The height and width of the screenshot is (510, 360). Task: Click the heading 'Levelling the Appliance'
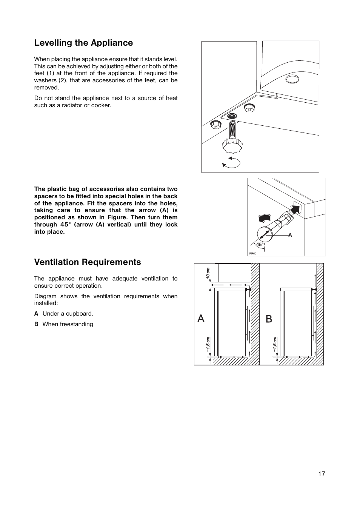83,43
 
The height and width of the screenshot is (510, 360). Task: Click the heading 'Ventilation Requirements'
88,262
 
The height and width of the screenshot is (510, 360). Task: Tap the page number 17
321,474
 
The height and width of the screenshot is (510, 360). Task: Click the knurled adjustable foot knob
232,144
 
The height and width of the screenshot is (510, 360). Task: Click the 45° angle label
259,245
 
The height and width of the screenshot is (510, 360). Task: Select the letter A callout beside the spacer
290,235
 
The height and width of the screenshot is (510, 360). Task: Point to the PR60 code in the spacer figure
252,253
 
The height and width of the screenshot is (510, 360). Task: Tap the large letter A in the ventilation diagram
201,319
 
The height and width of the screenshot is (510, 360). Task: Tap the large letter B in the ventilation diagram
269,319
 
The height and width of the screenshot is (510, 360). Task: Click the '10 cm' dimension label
208,274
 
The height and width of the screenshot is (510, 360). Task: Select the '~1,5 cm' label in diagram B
275,345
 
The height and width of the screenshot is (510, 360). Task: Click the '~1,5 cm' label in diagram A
208,345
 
